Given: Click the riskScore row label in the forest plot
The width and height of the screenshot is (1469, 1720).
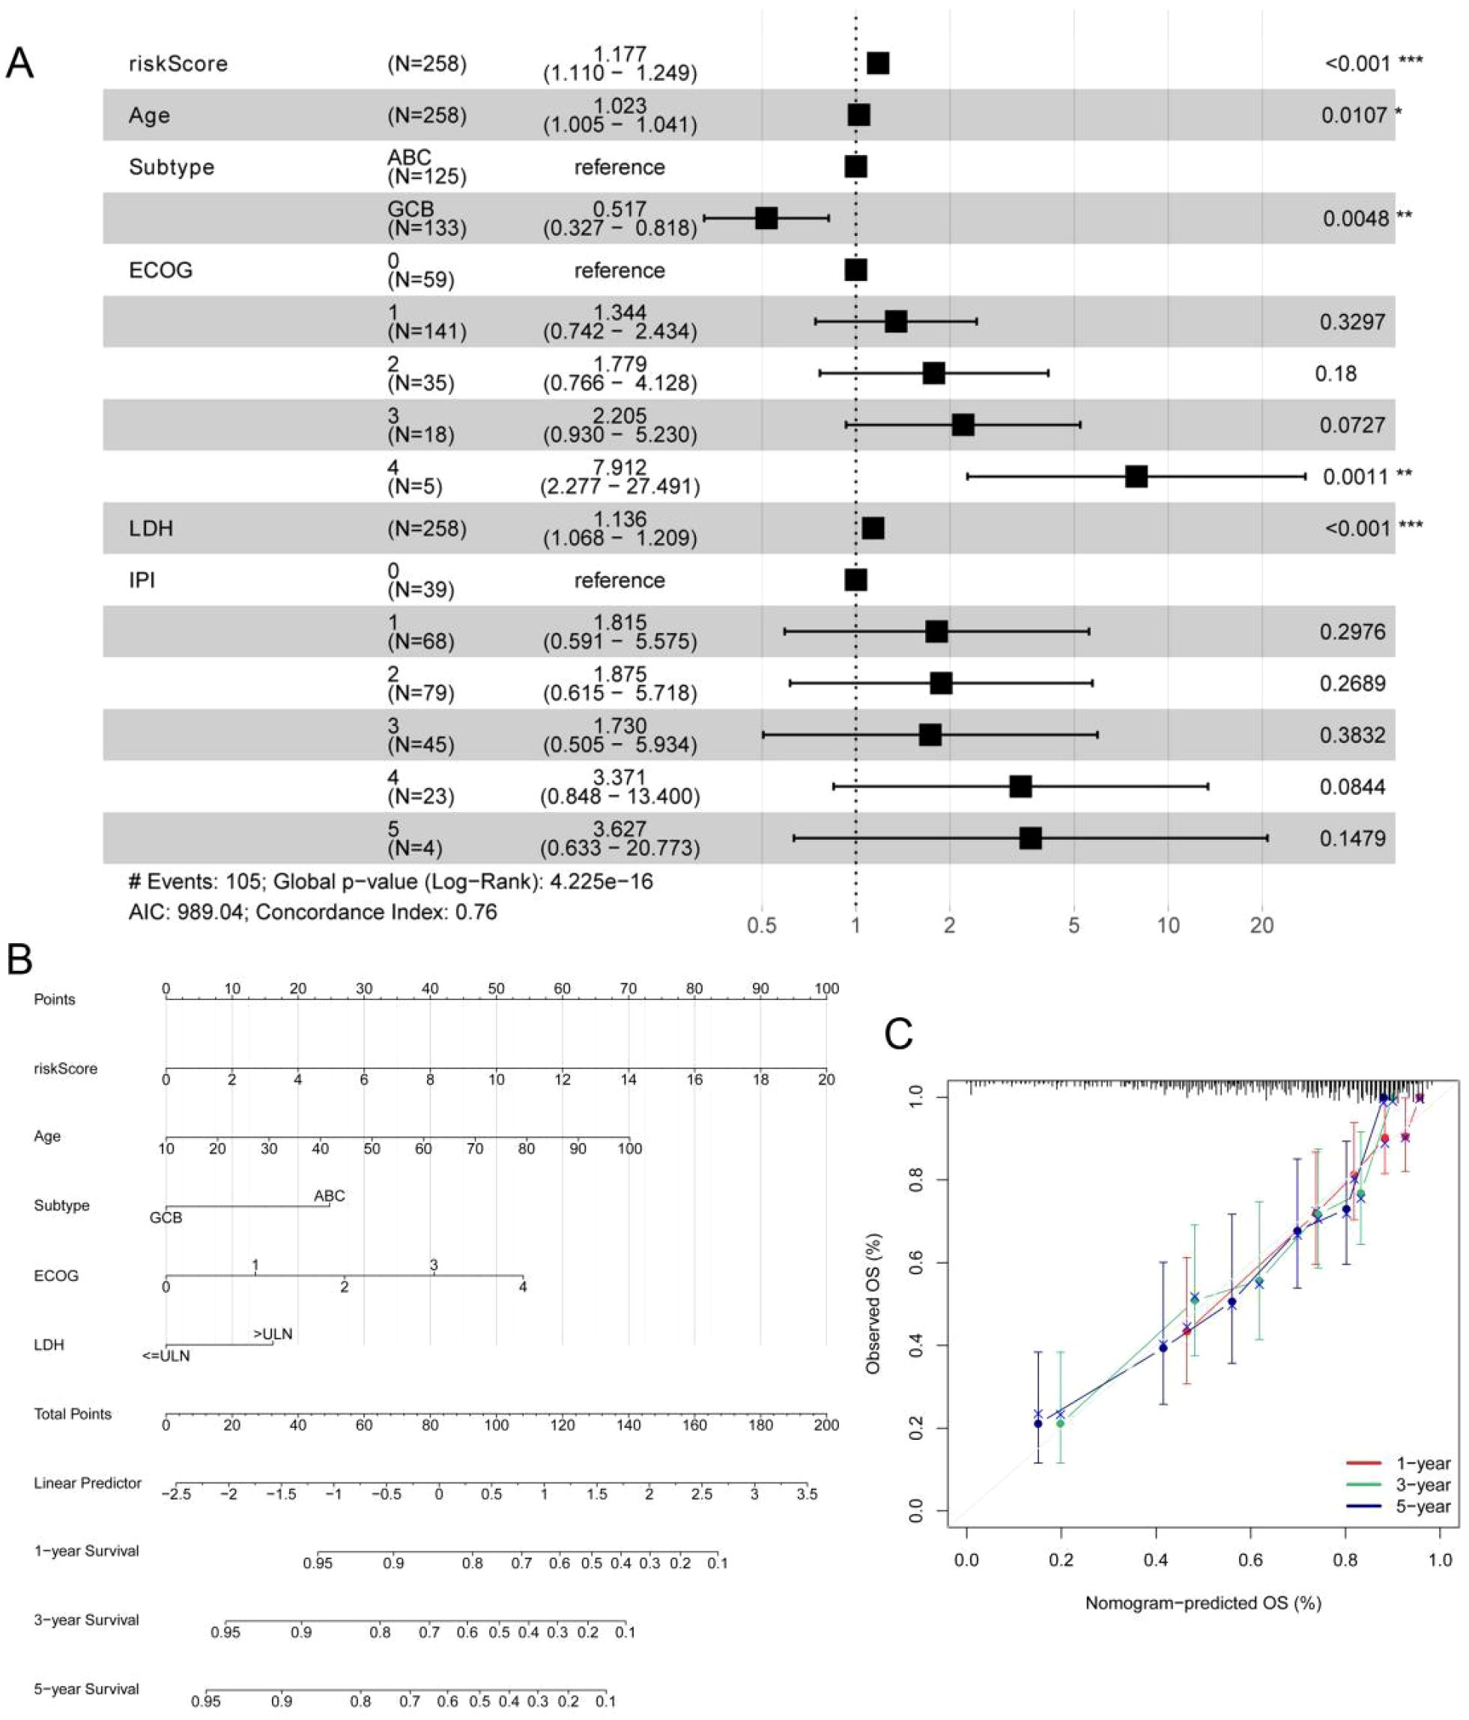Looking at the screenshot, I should (178, 64).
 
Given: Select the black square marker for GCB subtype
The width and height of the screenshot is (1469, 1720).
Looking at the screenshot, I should (766, 218).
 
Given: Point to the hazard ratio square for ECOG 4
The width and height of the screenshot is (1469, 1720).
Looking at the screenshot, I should (1136, 476).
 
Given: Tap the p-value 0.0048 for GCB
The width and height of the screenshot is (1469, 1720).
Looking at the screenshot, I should (1355, 218).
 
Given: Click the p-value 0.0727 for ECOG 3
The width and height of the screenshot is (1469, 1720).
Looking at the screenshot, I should (1352, 425).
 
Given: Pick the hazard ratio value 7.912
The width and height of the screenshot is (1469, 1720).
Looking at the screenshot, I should (620, 467).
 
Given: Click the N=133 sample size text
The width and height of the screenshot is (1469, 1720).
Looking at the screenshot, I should (426, 228).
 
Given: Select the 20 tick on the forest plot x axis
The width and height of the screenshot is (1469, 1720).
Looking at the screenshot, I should (1261, 924).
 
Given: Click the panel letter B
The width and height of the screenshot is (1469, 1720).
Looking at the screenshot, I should (20, 960).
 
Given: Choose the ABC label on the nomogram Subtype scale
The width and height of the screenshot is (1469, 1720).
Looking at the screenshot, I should (330, 1196).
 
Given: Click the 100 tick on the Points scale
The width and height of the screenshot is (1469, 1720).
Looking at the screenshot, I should (826, 989).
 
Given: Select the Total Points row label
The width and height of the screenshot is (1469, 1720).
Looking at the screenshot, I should (72, 1414).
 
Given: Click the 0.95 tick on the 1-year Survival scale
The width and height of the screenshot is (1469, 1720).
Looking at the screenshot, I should (318, 1563).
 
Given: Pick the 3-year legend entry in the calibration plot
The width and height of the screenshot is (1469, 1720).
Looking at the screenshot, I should (1423, 1485).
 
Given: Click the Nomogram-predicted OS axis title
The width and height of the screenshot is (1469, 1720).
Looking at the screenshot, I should (1202, 1603).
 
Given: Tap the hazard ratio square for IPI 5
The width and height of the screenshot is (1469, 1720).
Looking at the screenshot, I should (1030, 838).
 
